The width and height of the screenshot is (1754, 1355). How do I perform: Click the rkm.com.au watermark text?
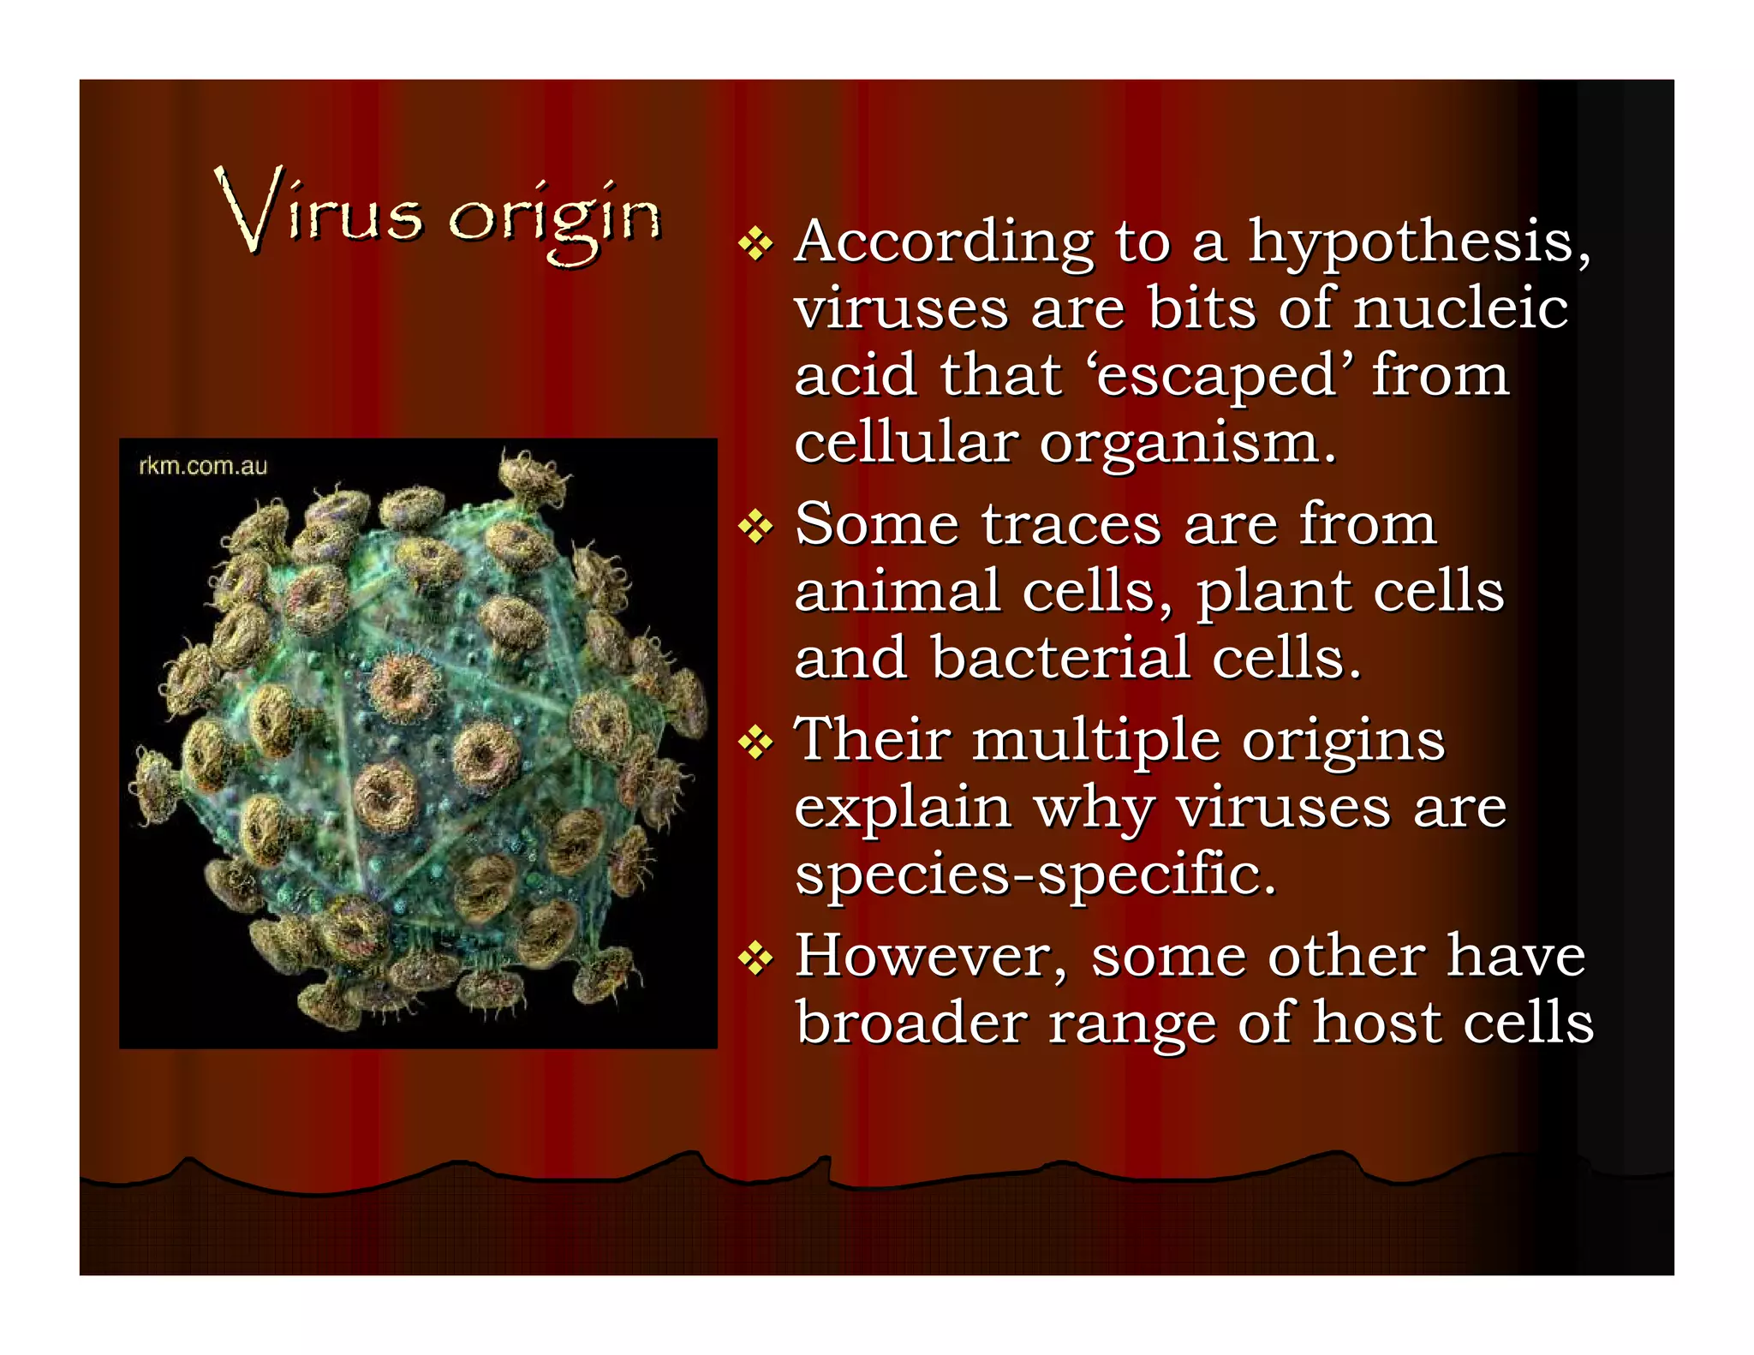[203, 466]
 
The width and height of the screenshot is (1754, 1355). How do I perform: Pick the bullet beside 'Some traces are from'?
[755, 527]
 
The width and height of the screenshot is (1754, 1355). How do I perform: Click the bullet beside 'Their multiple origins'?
[755, 742]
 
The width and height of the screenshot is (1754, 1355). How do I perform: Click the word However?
[929, 956]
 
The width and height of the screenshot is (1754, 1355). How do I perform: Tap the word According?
[944, 242]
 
